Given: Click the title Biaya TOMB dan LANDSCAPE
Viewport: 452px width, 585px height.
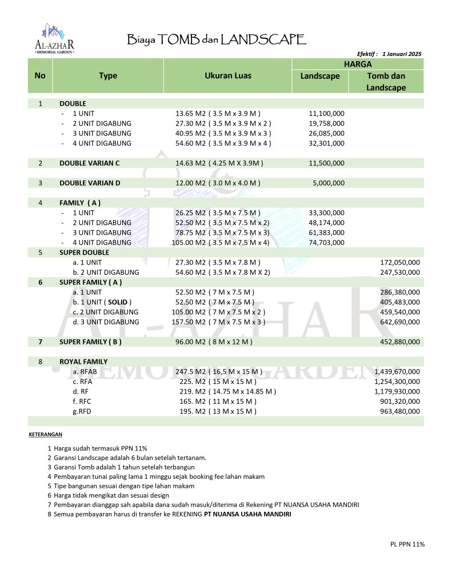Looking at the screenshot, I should [216, 39].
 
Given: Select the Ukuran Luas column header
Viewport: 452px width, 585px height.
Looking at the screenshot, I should [227, 75].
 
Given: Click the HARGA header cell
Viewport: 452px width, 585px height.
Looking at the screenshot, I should [358, 64].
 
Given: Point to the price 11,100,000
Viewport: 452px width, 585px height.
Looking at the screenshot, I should [326, 114].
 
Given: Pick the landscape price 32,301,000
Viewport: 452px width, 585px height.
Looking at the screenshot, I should [326, 143].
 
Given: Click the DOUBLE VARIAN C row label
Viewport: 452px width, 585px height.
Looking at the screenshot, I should [89, 163].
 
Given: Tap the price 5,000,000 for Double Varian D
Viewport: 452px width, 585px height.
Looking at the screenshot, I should [329, 183].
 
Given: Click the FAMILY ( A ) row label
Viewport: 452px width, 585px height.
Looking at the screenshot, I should [80, 203].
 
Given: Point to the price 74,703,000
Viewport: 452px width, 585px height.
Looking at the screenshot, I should [326, 242].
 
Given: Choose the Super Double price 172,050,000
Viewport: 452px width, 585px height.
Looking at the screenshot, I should [400, 262].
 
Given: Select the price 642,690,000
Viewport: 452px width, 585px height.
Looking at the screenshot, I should [400, 322].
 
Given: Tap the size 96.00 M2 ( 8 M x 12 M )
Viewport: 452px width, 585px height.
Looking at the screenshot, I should [214, 342].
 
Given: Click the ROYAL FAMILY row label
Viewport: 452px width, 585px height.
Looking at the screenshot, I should [83, 362].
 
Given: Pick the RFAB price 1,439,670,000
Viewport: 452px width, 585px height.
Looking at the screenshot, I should [397, 371].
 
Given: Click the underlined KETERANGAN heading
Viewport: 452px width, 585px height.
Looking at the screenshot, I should [45, 435].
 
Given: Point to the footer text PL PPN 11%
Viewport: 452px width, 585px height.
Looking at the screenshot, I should [403, 544].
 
